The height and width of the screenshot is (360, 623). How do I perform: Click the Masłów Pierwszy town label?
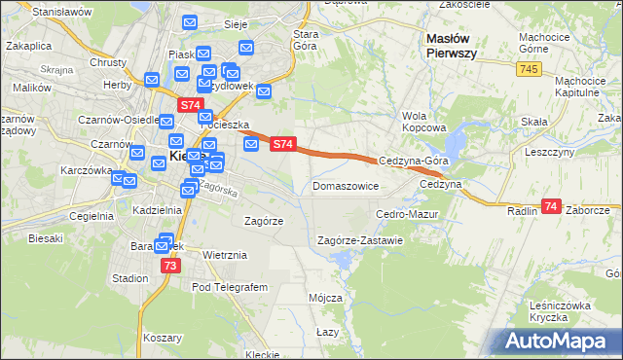pyautogui.click(x=452, y=46)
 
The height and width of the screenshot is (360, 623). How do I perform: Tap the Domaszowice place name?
pyautogui.click(x=345, y=186)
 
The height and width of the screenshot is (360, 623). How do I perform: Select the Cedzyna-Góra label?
pyautogui.click(x=413, y=162)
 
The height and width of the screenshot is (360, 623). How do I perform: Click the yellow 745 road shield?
pyautogui.click(x=530, y=69)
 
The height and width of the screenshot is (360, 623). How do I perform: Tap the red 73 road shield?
pyautogui.click(x=170, y=266)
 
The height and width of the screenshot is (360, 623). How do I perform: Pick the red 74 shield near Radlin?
pyautogui.click(x=552, y=206)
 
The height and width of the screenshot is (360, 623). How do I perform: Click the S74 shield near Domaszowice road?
pyautogui.click(x=282, y=144)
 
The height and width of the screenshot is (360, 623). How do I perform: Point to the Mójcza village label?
pyautogui.click(x=325, y=298)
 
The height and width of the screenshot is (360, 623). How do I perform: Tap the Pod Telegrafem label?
pyautogui.click(x=229, y=287)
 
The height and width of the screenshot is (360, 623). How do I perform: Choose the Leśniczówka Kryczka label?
pyautogui.click(x=562, y=312)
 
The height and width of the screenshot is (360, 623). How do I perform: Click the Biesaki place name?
pyautogui.click(x=46, y=237)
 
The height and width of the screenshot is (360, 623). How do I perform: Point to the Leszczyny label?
pyautogui.click(x=549, y=153)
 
